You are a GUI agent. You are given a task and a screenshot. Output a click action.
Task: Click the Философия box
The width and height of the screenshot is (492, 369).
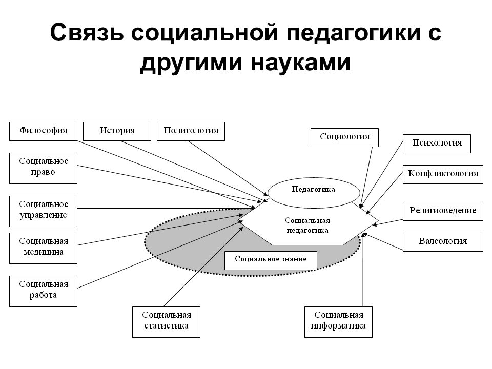[43, 131]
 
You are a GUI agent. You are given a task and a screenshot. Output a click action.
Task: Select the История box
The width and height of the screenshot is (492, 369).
[117, 131]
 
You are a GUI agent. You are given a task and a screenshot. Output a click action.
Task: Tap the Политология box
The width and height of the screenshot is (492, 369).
[191, 131]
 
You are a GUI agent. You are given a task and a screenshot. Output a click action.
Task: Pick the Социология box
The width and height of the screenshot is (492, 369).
[344, 137]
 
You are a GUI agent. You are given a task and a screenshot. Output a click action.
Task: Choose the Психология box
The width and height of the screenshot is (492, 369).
[437, 143]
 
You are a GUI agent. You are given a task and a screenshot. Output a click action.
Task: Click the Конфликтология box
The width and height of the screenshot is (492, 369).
[443, 174]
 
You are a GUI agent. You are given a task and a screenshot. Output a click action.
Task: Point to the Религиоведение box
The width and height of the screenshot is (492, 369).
[443, 211]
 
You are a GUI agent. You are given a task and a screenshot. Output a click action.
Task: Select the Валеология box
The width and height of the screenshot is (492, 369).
[443, 242]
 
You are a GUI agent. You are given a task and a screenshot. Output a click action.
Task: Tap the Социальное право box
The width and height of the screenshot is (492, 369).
[43, 168]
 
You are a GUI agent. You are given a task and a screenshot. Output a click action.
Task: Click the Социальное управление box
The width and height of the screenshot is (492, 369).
[43, 211]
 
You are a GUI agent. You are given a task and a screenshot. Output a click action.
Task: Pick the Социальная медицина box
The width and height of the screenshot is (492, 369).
[43, 248]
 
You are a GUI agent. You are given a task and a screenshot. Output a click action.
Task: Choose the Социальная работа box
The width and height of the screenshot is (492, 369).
[43, 291]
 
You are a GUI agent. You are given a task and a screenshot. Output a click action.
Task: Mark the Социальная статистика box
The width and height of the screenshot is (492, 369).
[166, 322]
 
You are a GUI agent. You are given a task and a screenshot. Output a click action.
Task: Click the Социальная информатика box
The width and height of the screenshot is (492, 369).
[338, 322]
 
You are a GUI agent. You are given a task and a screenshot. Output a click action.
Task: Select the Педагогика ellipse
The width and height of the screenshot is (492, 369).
[314, 193]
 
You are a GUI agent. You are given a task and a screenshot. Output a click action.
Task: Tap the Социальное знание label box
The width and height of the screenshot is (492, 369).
[271, 260]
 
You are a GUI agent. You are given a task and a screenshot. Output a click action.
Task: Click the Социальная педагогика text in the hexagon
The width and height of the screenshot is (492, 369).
[307, 225]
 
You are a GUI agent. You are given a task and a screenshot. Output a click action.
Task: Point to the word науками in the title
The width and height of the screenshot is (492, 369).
[300, 62]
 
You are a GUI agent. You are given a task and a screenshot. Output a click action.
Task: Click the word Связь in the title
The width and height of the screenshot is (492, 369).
[87, 32]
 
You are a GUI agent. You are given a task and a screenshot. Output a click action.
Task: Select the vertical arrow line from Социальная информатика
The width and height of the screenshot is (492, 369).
[363, 270]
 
